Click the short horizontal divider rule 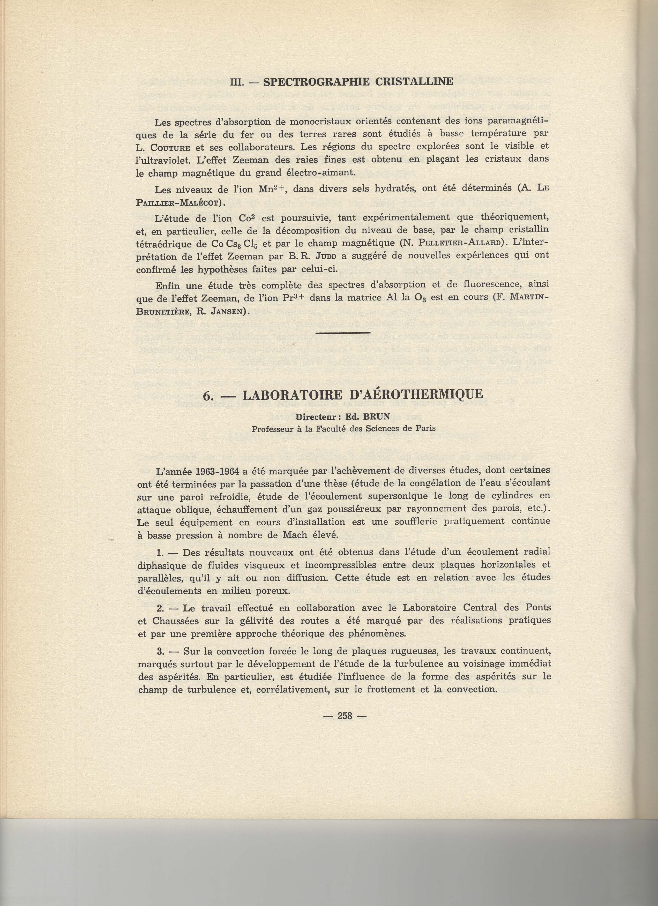(x=343, y=332)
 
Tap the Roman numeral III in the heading (x=237, y=82)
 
